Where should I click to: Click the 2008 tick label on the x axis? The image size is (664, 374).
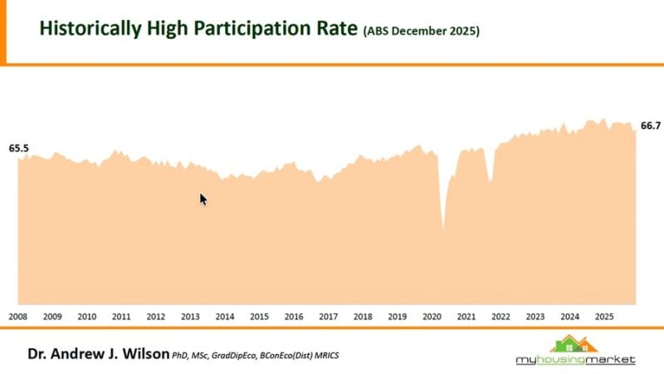point(17,317)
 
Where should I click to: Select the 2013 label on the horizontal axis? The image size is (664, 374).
point(190,317)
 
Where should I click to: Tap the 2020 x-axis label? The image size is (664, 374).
point(432,317)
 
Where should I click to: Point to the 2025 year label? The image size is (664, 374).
point(604,317)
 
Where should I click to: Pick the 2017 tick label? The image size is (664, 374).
point(328,317)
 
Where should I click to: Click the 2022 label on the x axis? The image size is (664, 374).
point(500,317)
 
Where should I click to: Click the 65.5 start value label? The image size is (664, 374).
point(19,148)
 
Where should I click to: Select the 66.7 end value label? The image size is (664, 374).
point(651,125)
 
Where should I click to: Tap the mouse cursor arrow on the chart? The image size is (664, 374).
point(203,199)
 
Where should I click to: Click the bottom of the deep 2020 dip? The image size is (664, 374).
point(443,230)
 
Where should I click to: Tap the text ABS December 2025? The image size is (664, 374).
point(422,32)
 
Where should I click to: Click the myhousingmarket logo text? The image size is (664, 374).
point(574,360)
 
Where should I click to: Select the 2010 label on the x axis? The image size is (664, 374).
point(86,317)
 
